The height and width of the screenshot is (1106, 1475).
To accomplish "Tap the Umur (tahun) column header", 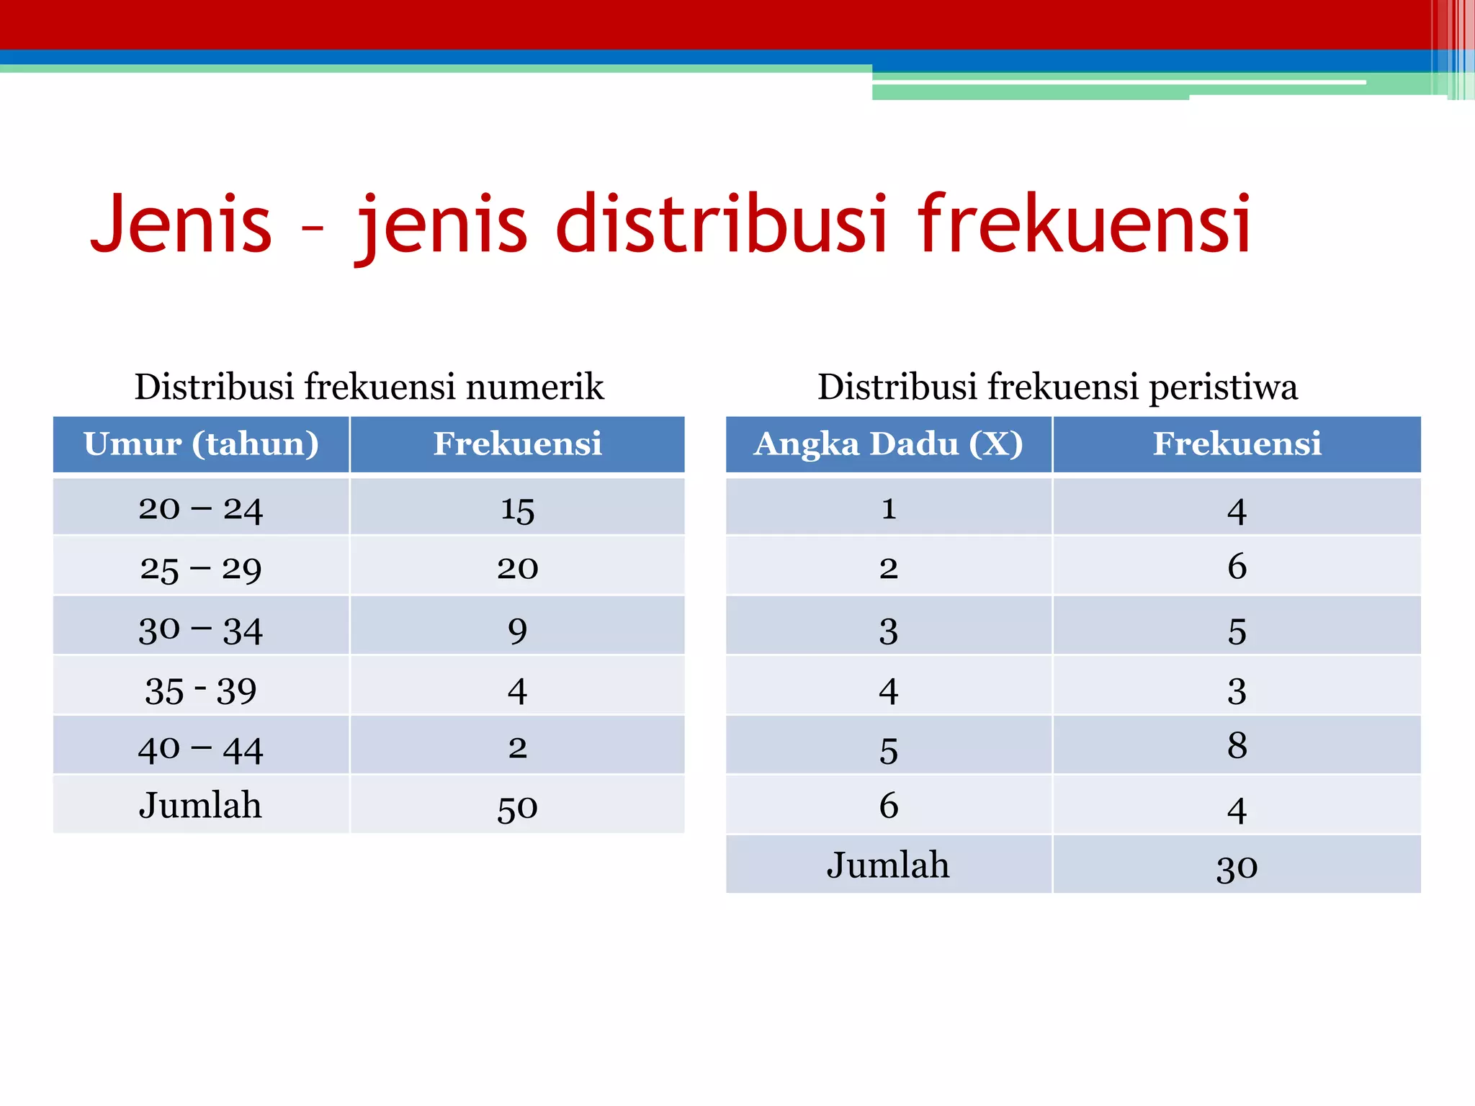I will click(201, 444).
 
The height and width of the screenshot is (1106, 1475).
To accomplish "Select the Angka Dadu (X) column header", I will click(888, 444).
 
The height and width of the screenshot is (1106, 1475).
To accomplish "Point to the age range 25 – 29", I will click(201, 569).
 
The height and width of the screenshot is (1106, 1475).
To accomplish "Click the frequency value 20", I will click(517, 569).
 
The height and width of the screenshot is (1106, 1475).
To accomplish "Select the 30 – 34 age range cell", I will click(201, 630).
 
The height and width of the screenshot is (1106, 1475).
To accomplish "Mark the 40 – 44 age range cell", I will click(201, 750).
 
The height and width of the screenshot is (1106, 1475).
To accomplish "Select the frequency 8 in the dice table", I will click(1237, 745).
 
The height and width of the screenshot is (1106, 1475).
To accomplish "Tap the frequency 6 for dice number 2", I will click(1237, 566).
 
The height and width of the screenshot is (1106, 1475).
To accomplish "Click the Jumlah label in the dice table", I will click(888, 865).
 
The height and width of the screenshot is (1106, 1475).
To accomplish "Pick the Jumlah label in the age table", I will click(201, 805).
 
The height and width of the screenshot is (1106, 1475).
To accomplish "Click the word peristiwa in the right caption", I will click(1223, 388).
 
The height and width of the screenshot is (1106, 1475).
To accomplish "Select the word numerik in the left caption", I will click(534, 387).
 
